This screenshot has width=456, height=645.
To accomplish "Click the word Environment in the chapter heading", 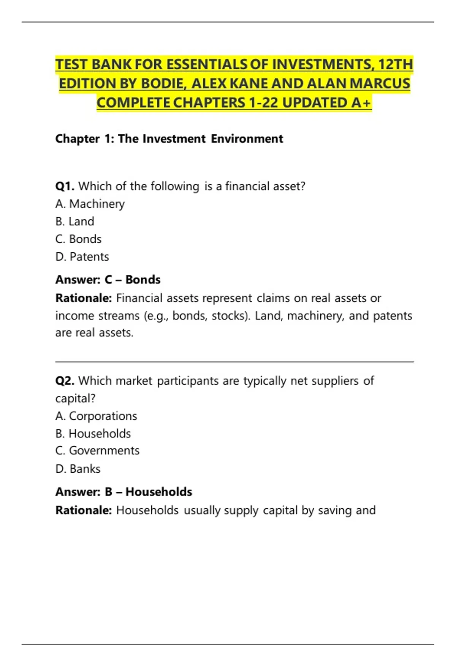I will [247, 139].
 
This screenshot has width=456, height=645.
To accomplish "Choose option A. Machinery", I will [90, 204].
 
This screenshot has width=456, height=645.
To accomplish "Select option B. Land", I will [75, 222].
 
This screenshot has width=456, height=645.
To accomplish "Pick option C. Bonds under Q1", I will [79, 239].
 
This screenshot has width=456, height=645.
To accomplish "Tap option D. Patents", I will [82, 257].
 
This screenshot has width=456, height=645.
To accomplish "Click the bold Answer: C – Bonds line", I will [108, 280].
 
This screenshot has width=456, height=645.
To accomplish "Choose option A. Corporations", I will [96, 416].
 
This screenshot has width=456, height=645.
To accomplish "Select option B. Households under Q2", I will [93, 434].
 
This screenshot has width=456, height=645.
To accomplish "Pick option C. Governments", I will [97, 451].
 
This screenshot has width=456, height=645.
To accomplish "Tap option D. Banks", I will [78, 469].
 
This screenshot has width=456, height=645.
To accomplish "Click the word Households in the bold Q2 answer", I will [159, 492].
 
